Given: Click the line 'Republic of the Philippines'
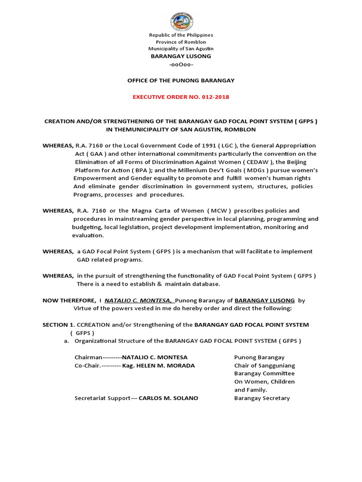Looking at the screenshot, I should [181, 35].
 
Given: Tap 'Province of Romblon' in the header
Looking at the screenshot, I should [181, 42].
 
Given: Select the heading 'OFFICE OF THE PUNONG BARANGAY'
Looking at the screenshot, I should [181, 80].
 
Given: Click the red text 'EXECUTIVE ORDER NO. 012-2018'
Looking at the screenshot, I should [181, 97].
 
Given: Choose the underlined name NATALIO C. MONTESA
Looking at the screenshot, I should [140, 300].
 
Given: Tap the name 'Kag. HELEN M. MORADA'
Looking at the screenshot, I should [158, 365].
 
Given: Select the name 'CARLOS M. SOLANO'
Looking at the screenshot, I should [169, 398].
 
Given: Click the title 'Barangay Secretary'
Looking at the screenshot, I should [262, 398].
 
